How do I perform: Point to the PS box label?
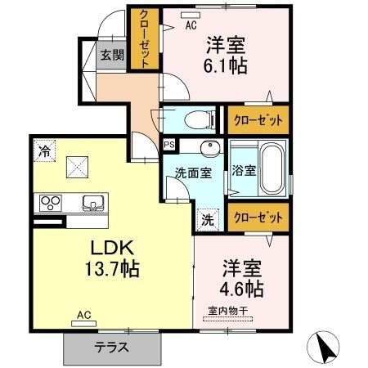click(x=169, y=146)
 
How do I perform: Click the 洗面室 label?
click(x=194, y=173)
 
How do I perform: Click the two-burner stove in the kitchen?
click(x=51, y=203)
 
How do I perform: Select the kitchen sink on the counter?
click(x=90, y=203)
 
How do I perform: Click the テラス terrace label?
click(x=111, y=346)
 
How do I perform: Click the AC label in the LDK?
click(x=83, y=314)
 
